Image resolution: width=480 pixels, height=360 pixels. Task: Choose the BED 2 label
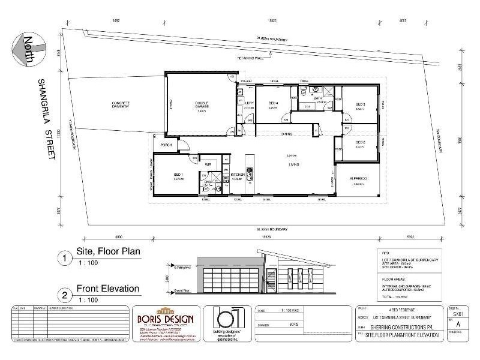(360, 142)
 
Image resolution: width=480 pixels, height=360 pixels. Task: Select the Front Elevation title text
(108, 289)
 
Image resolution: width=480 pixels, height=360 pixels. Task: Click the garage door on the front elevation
(230, 281)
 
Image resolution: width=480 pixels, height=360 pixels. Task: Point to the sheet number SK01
(458, 313)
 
